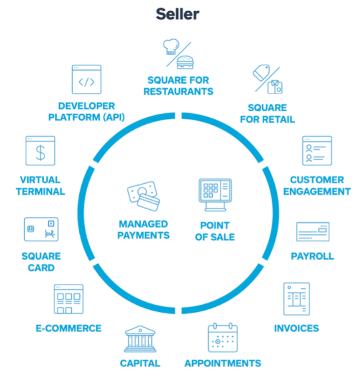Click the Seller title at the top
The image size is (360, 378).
coord(177,14)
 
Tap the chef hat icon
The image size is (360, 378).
coord(171,46)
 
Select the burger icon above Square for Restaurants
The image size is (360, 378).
coord(185,62)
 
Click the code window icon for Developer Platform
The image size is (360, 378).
coord(86,79)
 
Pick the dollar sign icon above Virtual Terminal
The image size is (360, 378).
coord(41,150)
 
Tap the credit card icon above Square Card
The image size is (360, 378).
coord(41,229)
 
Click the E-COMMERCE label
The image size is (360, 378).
coord(69,328)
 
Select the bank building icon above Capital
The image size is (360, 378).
coord(140,339)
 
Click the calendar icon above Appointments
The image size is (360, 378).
coord(223,337)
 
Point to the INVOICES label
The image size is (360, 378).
coord(297,328)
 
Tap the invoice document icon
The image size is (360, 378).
coord(297,299)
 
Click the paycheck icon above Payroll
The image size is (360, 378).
coord(313,232)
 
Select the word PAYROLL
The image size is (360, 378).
coord(312,256)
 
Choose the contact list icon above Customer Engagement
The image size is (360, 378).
coord(317,150)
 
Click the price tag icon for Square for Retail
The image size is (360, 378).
coord(261,73)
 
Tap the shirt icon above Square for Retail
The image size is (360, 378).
coord(275,87)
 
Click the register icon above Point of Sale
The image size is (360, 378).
coord(215,195)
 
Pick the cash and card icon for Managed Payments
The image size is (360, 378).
coord(143,196)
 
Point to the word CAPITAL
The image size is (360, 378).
coord(140,364)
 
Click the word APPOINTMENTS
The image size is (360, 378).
coord(223,364)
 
